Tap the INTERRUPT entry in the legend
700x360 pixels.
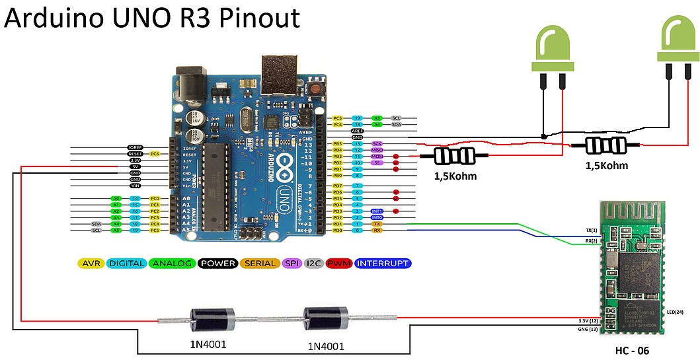click(383, 263)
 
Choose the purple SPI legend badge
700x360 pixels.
click(292, 263)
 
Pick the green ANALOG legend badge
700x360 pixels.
click(172, 263)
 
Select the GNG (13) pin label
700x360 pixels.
click(587, 328)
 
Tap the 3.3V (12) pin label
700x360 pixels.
click(587, 320)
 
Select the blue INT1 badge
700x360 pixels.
click(377, 211)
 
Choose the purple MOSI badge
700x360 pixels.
click(377, 156)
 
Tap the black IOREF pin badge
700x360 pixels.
click(135, 147)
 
